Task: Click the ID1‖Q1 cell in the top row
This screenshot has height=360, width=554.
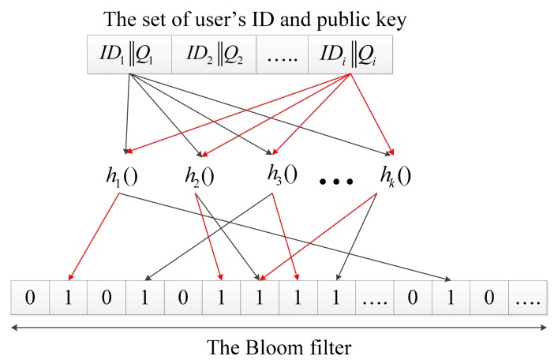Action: pos(125,54)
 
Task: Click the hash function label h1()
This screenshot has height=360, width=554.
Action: pos(122,177)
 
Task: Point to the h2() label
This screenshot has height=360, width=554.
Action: pos(201,177)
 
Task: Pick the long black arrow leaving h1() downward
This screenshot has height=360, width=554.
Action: pos(292,237)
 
